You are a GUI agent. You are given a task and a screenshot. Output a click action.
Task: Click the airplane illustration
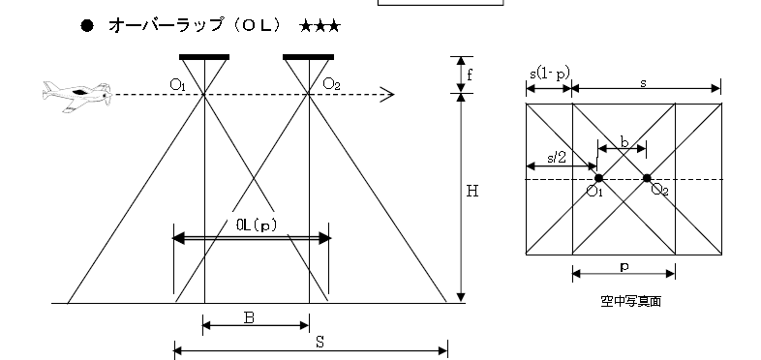[x=77, y=96]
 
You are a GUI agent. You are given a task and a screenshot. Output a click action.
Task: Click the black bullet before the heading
[x=87, y=26]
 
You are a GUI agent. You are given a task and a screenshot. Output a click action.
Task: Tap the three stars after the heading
[x=320, y=26]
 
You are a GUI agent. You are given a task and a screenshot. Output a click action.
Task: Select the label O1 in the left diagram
[x=177, y=85]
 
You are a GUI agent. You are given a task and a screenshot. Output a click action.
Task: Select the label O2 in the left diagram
[x=331, y=84]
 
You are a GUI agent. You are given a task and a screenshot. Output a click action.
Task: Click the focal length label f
[x=470, y=75]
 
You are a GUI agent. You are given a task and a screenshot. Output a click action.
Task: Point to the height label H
[x=472, y=192]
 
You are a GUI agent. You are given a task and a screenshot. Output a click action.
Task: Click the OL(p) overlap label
[x=257, y=225]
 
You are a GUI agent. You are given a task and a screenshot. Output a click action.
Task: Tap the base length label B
[x=249, y=317]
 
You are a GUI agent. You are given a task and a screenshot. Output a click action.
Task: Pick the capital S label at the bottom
[x=320, y=343]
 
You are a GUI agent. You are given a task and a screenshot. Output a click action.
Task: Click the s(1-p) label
[x=549, y=74]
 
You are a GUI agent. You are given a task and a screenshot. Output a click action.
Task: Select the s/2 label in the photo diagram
[x=557, y=158]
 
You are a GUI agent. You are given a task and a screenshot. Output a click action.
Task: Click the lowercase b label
[x=624, y=142]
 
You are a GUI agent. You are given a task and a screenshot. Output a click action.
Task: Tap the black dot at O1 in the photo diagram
[x=599, y=178]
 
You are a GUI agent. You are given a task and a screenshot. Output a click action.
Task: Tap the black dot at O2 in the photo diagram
[x=647, y=178]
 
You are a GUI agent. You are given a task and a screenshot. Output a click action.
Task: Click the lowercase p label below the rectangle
[x=624, y=267]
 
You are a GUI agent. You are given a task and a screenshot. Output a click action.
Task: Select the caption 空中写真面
[x=630, y=301]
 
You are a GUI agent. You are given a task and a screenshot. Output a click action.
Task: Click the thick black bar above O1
[x=204, y=57]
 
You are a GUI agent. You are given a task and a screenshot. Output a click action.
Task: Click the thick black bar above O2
[x=308, y=57]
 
